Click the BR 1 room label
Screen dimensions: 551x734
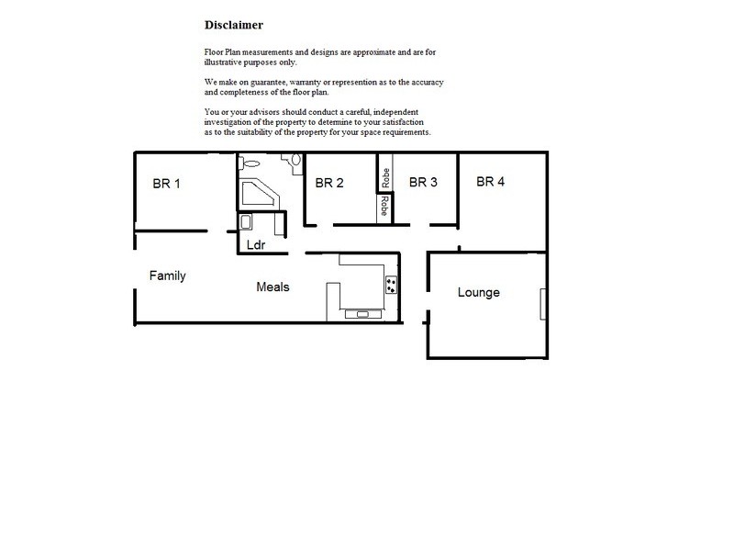tap(166, 184)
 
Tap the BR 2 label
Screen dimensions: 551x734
tap(329, 183)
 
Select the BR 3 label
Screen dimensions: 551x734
tap(423, 182)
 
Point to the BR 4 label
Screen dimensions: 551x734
tap(491, 181)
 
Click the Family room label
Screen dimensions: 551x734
tap(168, 275)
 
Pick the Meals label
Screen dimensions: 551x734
tap(272, 287)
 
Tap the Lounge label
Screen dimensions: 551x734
tap(479, 292)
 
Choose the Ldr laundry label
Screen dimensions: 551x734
tap(257, 245)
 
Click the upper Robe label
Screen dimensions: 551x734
tap(386, 176)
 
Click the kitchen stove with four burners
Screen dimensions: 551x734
tap(392, 285)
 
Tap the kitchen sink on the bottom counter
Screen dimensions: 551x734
tap(364, 314)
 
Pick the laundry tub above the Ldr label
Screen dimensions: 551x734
tap(246, 222)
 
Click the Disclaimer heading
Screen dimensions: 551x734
tap(234, 25)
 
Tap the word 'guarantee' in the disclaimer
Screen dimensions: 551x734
tap(265, 83)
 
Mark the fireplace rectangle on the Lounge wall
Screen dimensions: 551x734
tap(543, 302)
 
